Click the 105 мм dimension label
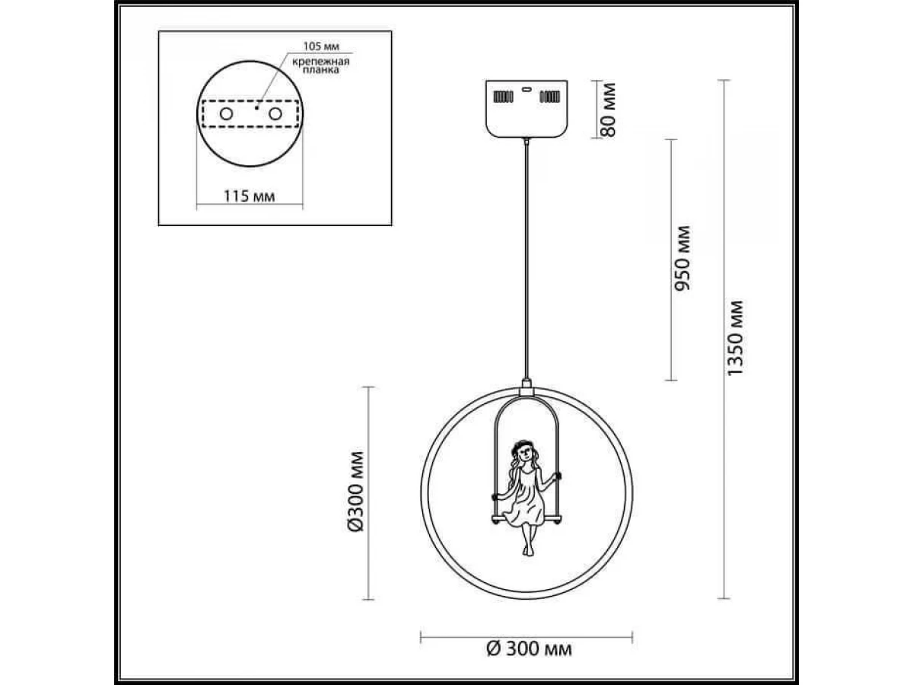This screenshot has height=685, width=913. point(321,46)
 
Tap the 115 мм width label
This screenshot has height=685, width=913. point(249,196)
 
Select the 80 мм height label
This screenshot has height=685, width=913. point(609,110)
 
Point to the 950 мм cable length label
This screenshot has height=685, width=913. point(682,258)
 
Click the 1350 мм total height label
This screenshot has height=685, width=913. point(734,338)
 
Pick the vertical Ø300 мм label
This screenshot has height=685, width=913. point(355,491)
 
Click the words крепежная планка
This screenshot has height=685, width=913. point(321,66)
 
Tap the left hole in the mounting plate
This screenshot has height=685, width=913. point(226,113)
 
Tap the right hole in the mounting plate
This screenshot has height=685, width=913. point(275,113)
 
